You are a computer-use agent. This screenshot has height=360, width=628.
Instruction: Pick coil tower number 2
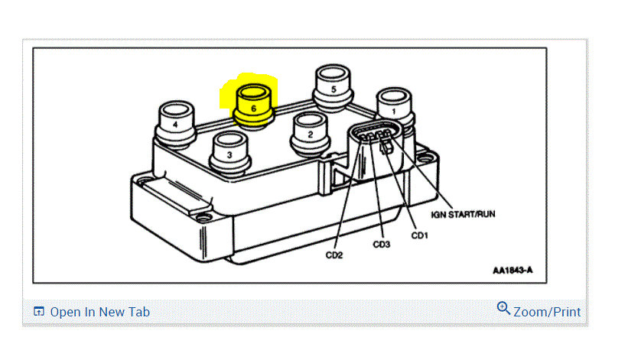(310, 132)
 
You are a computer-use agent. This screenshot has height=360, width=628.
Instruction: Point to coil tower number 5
(333, 87)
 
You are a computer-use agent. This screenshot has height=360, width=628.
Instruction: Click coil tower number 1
(394, 109)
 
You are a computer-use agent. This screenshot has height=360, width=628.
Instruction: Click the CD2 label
(335, 255)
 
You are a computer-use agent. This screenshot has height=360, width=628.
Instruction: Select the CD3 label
(382, 245)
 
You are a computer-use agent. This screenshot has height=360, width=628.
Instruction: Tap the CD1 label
(419, 235)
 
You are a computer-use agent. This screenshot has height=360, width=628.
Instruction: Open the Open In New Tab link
(99, 312)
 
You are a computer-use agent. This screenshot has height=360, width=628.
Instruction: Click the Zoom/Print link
(546, 312)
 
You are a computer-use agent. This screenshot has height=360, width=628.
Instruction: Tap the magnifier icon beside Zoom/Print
(503, 308)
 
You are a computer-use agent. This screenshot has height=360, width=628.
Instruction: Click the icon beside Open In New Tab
(39, 312)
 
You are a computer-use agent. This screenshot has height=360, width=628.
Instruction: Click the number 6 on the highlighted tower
(254, 109)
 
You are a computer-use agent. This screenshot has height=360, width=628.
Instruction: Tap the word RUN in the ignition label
(483, 214)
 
